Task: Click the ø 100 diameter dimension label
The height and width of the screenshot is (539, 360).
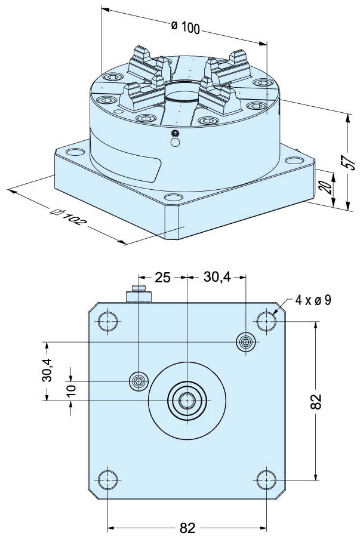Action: [185, 27]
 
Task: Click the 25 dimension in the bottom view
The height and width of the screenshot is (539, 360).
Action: [162, 277]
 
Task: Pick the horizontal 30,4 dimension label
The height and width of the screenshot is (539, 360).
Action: [217, 277]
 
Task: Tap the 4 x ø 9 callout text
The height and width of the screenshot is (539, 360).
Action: [313, 300]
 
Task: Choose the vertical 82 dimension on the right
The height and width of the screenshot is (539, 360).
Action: [316, 401]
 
